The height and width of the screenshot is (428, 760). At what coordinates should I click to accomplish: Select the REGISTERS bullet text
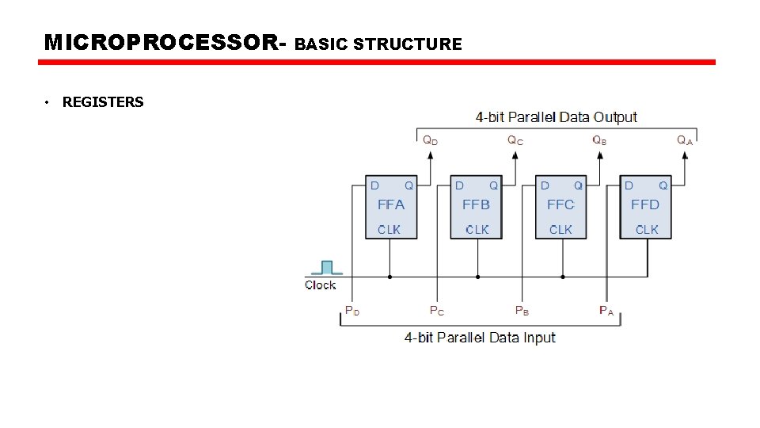pyautogui.click(x=103, y=101)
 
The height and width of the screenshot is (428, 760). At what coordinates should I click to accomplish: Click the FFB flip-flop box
pyautogui.click(x=476, y=207)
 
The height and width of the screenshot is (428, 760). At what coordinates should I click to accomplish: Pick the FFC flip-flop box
pyautogui.click(x=560, y=207)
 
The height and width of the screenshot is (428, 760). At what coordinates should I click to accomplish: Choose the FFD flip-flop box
pyautogui.click(x=645, y=207)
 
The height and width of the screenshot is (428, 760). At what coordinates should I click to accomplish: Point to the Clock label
pyautogui.click(x=320, y=285)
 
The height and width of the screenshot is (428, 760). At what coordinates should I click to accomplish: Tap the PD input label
pyautogui.click(x=352, y=311)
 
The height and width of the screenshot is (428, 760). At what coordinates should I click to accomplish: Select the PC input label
pyautogui.click(x=437, y=311)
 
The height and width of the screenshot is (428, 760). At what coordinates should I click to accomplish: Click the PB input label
pyautogui.click(x=522, y=311)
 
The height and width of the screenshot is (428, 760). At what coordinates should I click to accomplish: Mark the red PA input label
pyautogui.click(x=606, y=311)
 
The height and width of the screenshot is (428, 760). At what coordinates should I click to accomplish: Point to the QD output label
pyautogui.click(x=429, y=140)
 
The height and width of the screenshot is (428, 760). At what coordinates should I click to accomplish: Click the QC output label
pyautogui.click(x=515, y=140)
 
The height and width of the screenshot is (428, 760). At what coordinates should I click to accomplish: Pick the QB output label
pyautogui.click(x=600, y=140)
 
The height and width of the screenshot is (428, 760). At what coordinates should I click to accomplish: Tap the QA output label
pyautogui.click(x=685, y=140)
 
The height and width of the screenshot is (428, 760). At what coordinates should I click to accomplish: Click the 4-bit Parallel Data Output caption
pyautogui.click(x=556, y=117)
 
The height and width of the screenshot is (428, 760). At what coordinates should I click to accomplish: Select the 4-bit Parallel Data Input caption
pyautogui.click(x=480, y=338)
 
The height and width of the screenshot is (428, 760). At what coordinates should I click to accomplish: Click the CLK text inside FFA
pyautogui.click(x=389, y=230)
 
